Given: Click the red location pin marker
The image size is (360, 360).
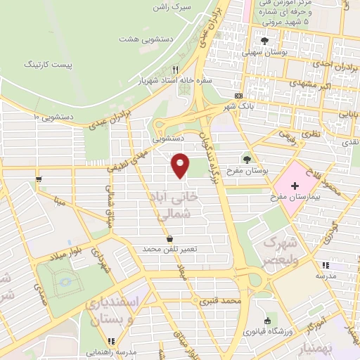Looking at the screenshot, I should (x=181, y=165).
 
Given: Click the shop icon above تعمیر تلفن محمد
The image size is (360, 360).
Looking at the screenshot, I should (x=169, y=239).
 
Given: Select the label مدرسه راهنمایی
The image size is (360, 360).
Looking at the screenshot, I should (x=108, y=351).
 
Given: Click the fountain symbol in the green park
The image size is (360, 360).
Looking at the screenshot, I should (x=67, y=281).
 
